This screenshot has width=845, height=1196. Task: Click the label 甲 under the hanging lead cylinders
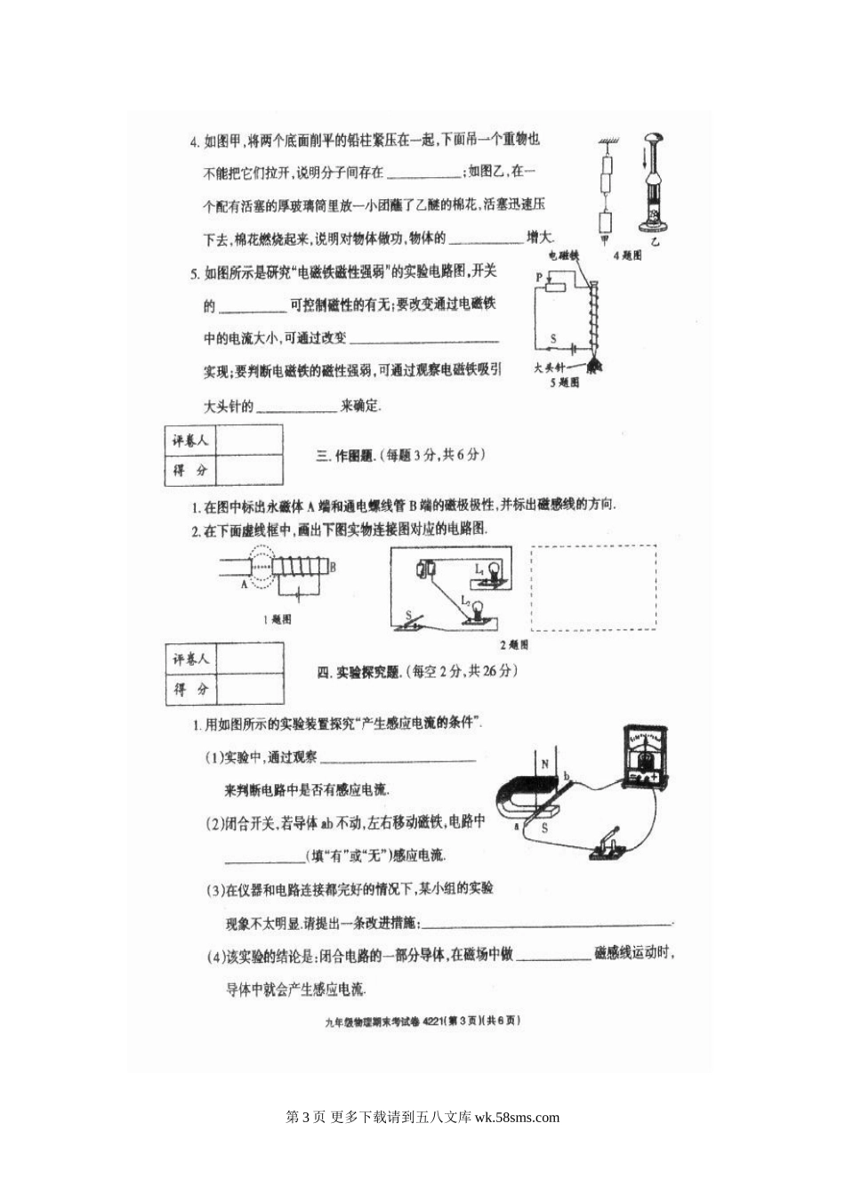(x=606, y=240)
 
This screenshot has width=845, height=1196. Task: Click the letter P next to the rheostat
(x=538, y=279)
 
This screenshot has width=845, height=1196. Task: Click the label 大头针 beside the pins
(x=550, y=366)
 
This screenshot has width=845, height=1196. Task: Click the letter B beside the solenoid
(x=332, y=566)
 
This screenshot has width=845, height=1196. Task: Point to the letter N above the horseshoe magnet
(x=544, y=764)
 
